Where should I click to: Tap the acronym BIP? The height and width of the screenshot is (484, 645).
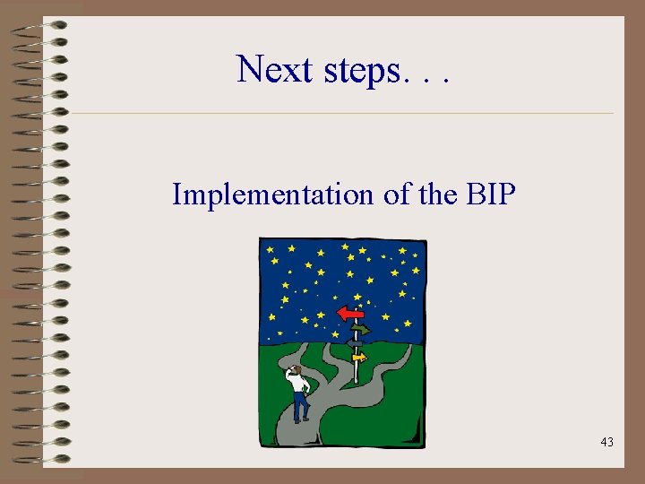pyautogui.click(x=491, y=194)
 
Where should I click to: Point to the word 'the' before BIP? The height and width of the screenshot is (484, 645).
pyautogui.click(x=438, y=194)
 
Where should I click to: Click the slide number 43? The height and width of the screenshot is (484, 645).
pyautogui.click(x=606, y=442)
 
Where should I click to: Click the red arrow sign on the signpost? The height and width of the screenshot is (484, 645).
pyautogui.click(x=349, y=313)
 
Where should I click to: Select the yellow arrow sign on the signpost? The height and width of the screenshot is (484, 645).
pyautogui.click(x=358, y=358)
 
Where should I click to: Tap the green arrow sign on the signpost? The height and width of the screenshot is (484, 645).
pyautogui.click(x=360, y=329)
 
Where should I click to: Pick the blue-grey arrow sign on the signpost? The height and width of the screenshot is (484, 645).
pyautogui.click(x=355, y=342)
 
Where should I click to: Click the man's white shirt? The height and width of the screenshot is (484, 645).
pyautogui.click(x=298, y=384)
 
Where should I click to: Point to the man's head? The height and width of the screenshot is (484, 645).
pyautogui.click(x=295, y=369)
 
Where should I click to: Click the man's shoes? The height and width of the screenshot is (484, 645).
pyautogui.click(x=302, y=419)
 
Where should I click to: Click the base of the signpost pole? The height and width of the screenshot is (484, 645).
pyautogui.click(x=356, y=380)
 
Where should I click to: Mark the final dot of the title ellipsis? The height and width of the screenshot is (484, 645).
pyautogui.click(x=444, y=82)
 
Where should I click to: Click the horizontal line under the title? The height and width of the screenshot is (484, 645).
pyautogui.click(x=340, y=114)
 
